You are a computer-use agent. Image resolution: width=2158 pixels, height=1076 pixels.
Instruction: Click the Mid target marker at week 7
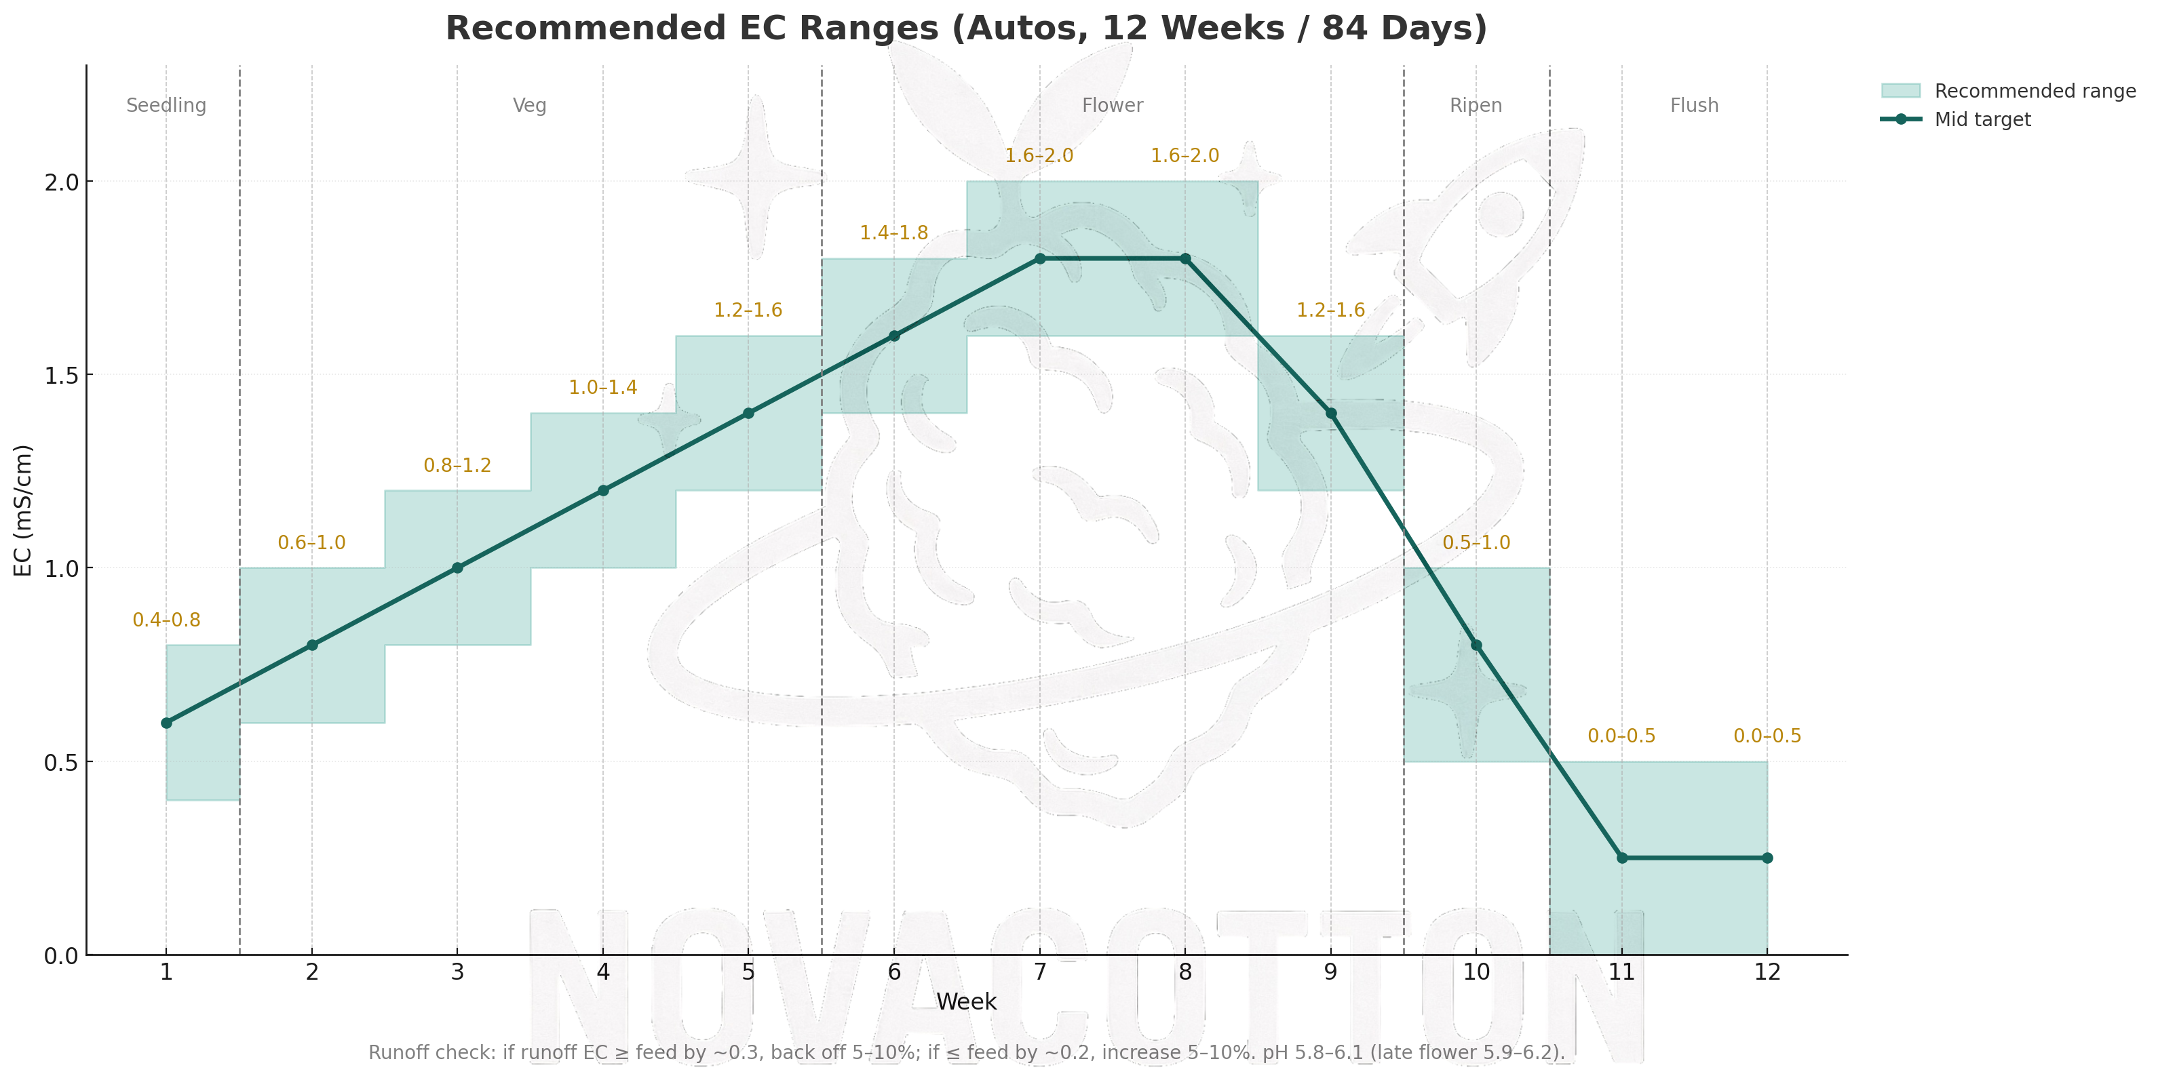[1039, 259]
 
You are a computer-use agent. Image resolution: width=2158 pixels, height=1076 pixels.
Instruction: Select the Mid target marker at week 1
[167, 723]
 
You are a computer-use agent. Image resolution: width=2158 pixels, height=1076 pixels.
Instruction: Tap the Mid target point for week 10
[1476, 645]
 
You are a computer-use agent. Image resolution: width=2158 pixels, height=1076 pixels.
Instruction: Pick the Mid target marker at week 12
[1767, 858]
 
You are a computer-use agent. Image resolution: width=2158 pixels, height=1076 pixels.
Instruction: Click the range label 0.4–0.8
[167, 620]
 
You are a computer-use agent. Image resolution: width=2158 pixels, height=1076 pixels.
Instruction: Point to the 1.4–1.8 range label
[894, 233]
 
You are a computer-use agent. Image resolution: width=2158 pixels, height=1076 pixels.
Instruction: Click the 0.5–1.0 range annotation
[1476, 542]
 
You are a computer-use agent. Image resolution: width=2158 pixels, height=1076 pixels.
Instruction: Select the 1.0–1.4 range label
[603, 388]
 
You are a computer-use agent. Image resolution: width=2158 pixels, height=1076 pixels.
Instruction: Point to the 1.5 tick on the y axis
[61, 375]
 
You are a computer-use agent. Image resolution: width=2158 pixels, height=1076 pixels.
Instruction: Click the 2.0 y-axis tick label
[61, 182]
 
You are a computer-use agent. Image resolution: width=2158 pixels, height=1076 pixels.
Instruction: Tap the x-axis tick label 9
[1330, 972]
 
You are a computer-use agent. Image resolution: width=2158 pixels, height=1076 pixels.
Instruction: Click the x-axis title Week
[966, 1001]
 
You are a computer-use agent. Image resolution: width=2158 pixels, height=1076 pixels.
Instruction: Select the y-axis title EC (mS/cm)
[22, 510]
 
